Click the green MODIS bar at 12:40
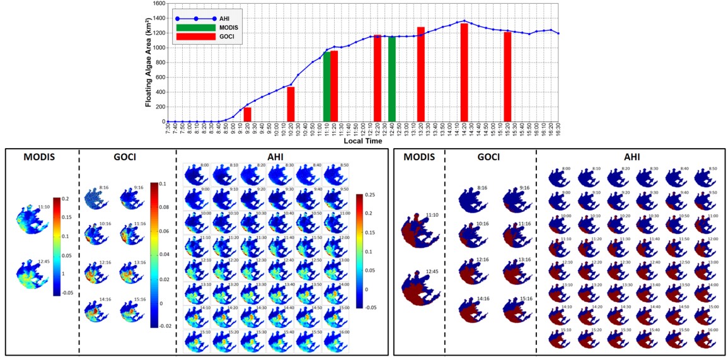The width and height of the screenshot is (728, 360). (x=391, y=79)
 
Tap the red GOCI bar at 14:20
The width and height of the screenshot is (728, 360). (x=464, y=73)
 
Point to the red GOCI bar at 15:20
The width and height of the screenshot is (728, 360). (x=507, y=76)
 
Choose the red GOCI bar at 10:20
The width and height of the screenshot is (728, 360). (x=291, y=104)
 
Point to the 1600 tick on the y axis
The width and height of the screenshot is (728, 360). (x=159, y=3)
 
